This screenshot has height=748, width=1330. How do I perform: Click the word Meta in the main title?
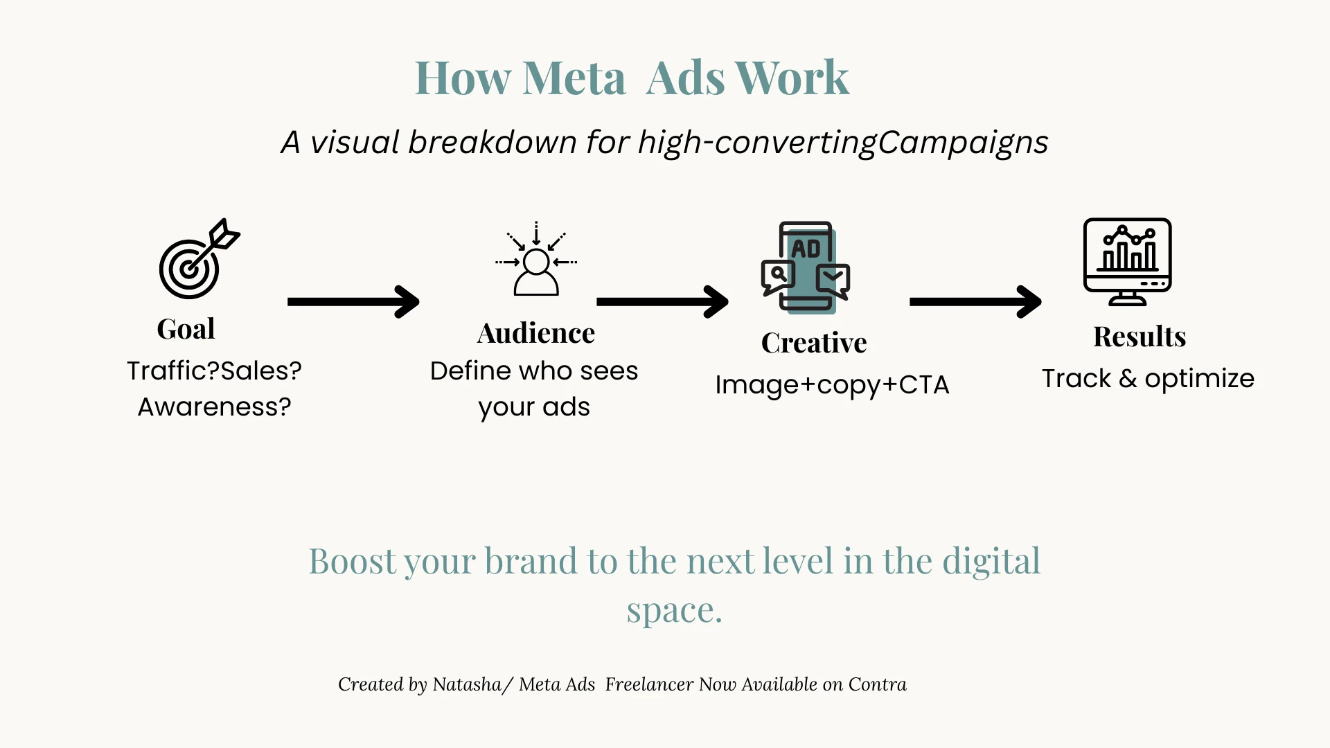[x=574, y=78]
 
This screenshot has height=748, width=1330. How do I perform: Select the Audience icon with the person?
[x=536, y=258]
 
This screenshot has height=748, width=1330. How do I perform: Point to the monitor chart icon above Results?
[x=1127, y=262]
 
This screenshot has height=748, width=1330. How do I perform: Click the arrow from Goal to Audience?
[x=353, y=302]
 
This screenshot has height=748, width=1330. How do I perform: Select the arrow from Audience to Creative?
[x=662, y=302]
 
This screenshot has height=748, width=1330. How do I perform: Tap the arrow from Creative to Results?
[x=975, y=302]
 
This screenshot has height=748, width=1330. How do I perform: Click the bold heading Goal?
[x=186, y=329]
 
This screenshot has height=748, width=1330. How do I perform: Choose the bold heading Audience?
[x=536, y=333]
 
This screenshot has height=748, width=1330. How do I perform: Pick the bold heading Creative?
[x=814, y=343]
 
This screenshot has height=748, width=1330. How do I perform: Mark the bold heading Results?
[x=1140, y=337]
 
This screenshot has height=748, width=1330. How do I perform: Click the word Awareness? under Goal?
[x=215, y=407]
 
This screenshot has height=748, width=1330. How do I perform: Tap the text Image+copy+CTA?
[x=832, y=385]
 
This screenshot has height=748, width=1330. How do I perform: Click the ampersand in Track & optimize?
[x=1128, y=379]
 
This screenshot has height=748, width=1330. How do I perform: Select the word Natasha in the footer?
[x=467, y=684]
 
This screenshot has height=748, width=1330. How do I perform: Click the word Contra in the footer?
[x=878, y=684]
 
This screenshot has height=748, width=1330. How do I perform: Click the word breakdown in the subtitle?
[x=492, y=142]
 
